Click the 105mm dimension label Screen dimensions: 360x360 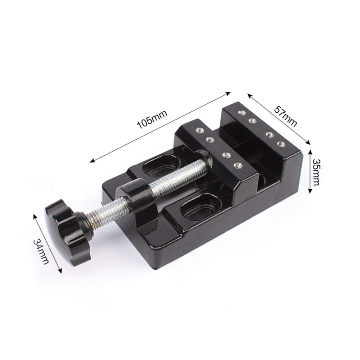[152, 120]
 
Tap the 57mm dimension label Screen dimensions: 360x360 [286, 116]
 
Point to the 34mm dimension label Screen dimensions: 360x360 [41, 252]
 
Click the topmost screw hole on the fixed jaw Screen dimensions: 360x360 [241, 112]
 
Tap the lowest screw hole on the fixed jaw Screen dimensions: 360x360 [281, 144]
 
